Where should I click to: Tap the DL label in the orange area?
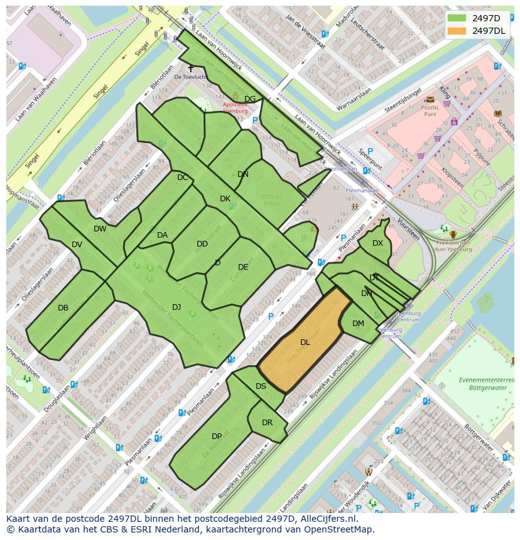click(x=305, y=342)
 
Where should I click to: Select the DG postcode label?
click(x=250, y=99)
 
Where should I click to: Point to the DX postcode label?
click(x=377, y=243)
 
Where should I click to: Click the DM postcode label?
click(x=358, y=324)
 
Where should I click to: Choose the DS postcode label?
click(x=261, y=386)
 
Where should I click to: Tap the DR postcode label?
click(x=267, y=423)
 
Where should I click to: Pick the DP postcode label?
click(x=217, y=437)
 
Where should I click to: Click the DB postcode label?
click(x=63, y=308)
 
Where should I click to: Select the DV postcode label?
click(x=77, y=245)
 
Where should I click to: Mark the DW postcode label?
click(x=100, y=229)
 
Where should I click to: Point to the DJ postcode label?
click(x=176, y=307)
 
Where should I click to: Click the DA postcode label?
click(x=162, y=235)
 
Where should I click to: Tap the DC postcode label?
click(x=182, y=177)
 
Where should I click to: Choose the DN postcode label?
click(x=243, y=174)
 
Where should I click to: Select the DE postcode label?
click(x=243, y=267)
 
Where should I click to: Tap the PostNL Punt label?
click(x=430, y=110)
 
